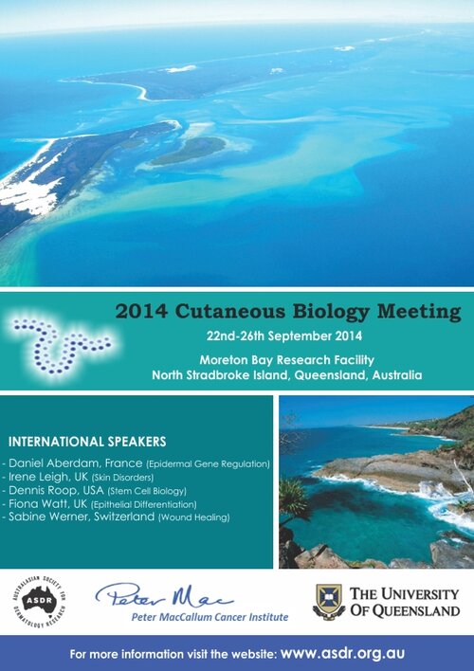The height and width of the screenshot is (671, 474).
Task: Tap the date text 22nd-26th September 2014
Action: tap(284, 335)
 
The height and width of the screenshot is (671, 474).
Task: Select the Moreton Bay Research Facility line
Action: tap(287, 360)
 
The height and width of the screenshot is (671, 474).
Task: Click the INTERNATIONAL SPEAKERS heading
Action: tap(87, 442)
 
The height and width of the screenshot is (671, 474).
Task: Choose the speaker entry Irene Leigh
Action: tap(38, 477)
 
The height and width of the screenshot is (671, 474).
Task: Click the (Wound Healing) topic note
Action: tap(194, 517)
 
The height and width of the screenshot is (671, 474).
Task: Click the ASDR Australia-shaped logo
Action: tap(40, 602)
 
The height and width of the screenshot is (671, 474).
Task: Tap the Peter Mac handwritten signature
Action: tap(164, 595)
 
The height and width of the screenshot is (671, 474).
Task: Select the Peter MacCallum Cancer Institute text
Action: tap(210, 617)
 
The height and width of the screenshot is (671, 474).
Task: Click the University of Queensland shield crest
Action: tap(328, 601)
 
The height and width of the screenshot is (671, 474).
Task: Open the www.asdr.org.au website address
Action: tap(342, 653)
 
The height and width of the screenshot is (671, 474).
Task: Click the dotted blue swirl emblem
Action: tap(63, 345)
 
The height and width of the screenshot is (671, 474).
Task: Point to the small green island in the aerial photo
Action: tap(189, 151)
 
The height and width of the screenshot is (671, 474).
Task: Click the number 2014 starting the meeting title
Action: tap(141, 311)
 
